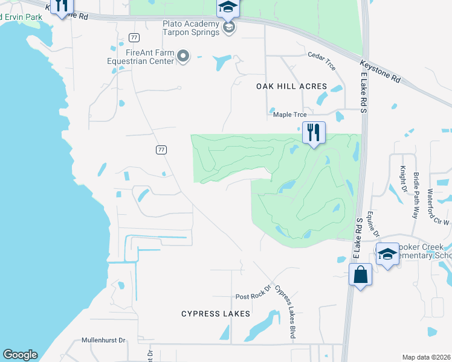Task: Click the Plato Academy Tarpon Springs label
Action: (190, 28)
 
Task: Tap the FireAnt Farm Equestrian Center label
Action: (140, 57)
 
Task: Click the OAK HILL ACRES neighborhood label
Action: (291, 86)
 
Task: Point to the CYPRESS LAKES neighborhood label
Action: (216, 314)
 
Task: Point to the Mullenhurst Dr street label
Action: (103, 340)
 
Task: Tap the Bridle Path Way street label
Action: (416, 195)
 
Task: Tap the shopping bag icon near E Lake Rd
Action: (360, 275)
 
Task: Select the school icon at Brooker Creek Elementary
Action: (387, 254)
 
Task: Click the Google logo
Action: (20, 355)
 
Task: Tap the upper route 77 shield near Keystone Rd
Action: (134, 37)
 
